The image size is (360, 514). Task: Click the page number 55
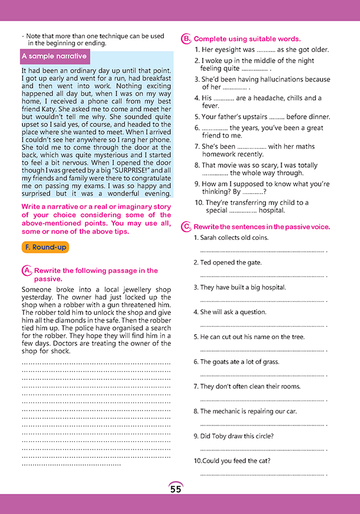pyautogui.click(x=176, y=489)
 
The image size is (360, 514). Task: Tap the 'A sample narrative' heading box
pyautogui.click(x=54, y=57)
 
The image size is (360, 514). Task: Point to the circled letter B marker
pyautogui.click(x=186, y=38)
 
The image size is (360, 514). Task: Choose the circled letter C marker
pyautogui.click(x=186, y=226)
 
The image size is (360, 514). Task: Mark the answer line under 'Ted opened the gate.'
pyautogui.click(x=263, y=275)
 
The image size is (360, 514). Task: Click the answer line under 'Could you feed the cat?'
pyautogui.click(x=263, y=474)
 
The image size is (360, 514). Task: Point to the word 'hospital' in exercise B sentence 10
pyautogui.click(x=271, y=210)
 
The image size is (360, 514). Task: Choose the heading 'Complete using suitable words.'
pyautogui.click(x=247, y=38)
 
